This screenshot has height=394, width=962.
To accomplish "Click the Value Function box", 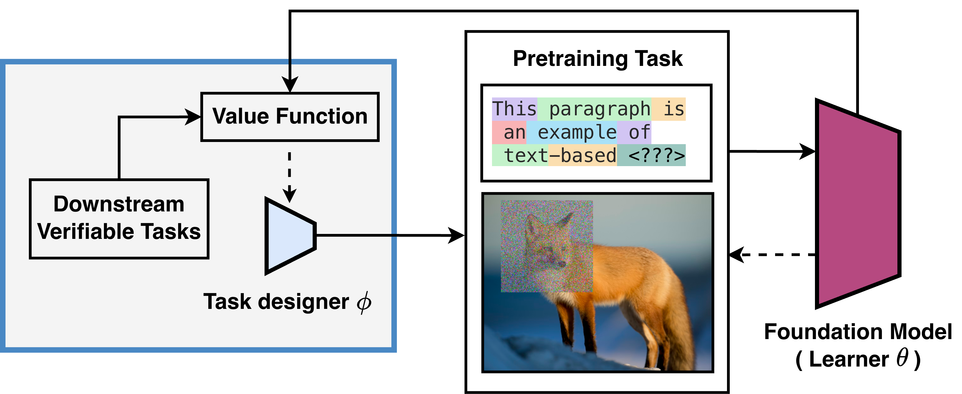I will pyautogui.click(x=290, y=117).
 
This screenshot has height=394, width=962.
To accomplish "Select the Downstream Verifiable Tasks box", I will pyautogui.click(x=119, y=219).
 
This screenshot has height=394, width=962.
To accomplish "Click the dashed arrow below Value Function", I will pyautogui.click(x=289, y=172).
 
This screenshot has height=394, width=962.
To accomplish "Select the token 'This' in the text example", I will pyautogui.click(x=514, y=109).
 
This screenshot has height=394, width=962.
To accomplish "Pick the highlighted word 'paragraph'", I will pyautogui.click(x=599, y=109).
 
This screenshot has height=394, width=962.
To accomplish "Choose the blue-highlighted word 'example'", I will pyautogui.click(x=577, y=132).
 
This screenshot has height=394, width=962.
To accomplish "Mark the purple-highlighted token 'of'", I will pyautogui.click(x=639, y=132).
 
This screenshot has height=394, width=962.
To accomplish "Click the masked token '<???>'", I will pyautogui.click(x=656, y=155).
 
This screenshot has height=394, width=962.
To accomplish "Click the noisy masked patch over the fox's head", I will pyautogui.click(x=546, y=246).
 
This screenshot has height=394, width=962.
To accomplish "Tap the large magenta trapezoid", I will pyautogui.click(x=858, y=204).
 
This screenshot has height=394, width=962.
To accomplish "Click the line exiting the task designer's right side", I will pyautogui.click(x=355, y=235).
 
